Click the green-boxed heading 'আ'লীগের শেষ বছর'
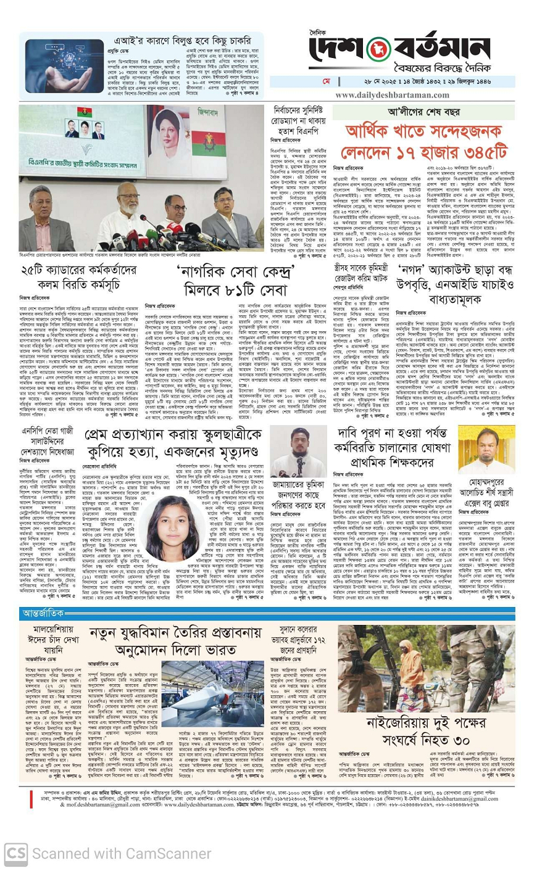[x=423, y=112]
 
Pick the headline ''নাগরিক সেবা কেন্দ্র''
[x=235, y=272]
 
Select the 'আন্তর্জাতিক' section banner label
[x=43, y=613]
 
